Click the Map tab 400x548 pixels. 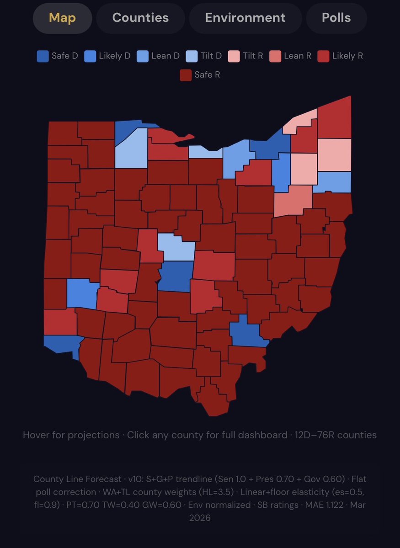62,18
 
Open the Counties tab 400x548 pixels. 140,18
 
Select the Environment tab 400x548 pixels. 245,18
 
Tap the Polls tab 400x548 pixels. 336,18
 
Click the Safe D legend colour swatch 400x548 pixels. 43,56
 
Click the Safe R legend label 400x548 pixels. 207,74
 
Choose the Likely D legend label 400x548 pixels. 114,56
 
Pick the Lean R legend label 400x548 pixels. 297,56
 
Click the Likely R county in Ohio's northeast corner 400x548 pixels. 334,118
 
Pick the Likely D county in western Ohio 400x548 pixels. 82,294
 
